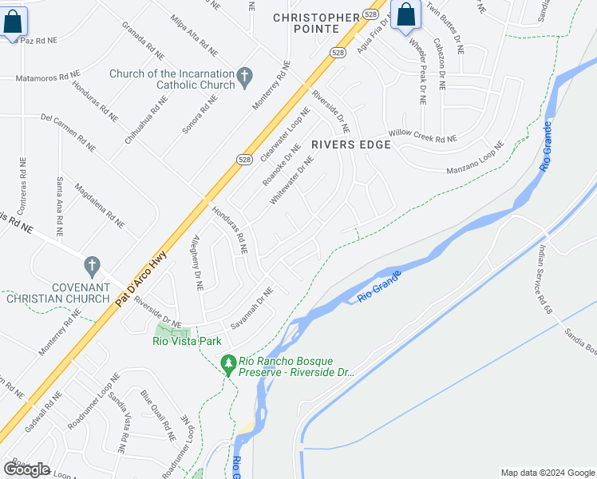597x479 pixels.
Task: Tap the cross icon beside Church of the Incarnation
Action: pos(245,78)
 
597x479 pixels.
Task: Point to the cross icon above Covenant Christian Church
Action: pos(92,264)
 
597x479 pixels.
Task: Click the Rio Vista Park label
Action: pos(187,341)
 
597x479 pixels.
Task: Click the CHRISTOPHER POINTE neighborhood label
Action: pos(317,24)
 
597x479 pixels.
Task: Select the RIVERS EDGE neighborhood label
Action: pos(351,144)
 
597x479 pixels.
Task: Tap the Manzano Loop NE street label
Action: pos(476,158)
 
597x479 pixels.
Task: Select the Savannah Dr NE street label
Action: pos(252,310)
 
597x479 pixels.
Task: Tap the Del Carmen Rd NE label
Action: pos(68,133)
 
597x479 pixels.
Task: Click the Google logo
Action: pos(26,469)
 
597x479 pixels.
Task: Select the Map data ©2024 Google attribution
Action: pos(548,473)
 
